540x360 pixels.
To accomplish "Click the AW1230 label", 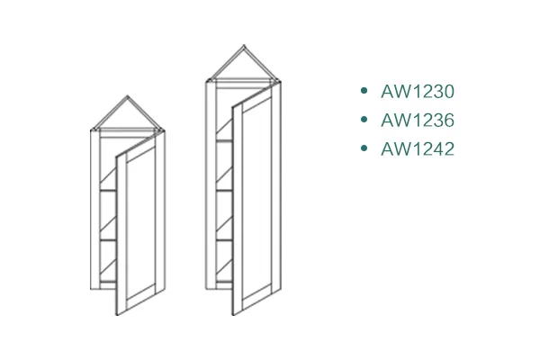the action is (x=418, y=91).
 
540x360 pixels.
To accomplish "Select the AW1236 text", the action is (x=418, y=120).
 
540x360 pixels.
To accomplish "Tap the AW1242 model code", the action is (x=418, y=148).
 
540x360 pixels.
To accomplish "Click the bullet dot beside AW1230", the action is (x=364, y=91).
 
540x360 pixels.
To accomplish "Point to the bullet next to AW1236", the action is (x=364, y=119).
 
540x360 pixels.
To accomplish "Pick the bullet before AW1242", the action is (x=364, y=148).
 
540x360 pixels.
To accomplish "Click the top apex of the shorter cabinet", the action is (x=128, y=95).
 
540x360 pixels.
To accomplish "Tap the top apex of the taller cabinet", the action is (x=244, y=45).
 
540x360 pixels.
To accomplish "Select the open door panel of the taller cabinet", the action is (x=256, y=200).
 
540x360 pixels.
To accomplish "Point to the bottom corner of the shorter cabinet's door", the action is (x=117, y=315).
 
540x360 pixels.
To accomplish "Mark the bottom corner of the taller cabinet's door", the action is (x=233, y=315).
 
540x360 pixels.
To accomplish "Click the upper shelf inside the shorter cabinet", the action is (x=107, y=190).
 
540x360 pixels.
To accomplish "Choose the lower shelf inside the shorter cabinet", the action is (x=107, y=239).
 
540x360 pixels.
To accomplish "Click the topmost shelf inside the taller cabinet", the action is (x=224, y=140).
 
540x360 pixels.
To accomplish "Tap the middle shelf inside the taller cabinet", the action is (x=224, y=190).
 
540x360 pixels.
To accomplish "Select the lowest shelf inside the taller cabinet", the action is (x=224, y=239).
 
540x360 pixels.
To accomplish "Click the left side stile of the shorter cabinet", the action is (x=95, y=210).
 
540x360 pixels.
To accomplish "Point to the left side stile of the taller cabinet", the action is (x=211, y=185).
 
